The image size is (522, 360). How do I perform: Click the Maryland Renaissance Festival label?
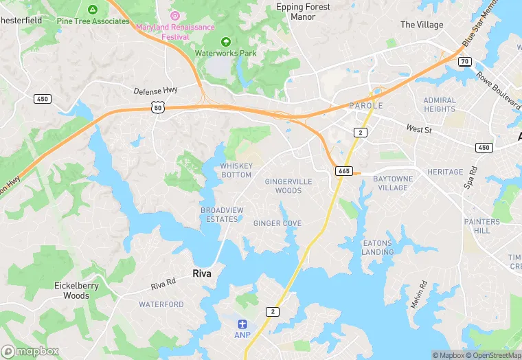pos(175,27)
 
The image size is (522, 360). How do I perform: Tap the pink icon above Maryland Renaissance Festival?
pos(175,14)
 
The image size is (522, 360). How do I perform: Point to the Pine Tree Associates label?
pos(93,21)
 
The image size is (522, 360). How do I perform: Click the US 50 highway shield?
pos(158,108)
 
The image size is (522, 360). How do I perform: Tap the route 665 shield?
pos(345,170)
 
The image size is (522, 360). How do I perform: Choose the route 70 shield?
pos(465,61)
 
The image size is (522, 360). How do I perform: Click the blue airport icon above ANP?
pos(242,324)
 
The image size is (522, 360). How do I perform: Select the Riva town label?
pos(202,273)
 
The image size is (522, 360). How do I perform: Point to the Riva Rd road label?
pos(163,283)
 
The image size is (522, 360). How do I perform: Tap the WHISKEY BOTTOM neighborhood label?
pos(236,170)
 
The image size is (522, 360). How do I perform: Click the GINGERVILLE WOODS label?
pos(288,185)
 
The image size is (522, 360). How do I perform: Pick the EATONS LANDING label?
pos(377,247)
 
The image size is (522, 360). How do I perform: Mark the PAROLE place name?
pos(365,106)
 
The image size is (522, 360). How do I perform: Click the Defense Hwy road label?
pos(155,91)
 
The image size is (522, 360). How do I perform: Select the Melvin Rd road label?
pos(418,294)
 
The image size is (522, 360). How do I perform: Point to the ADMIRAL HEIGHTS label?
pos(440,104)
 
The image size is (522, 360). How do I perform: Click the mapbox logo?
pos(30,350)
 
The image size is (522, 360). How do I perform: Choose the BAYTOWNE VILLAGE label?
pos(391,183)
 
